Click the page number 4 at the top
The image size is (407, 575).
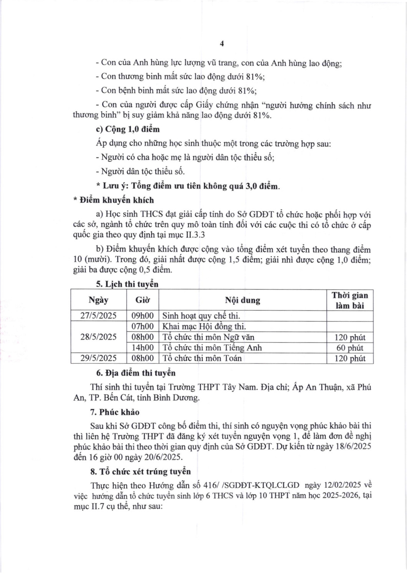(x=222, y=44)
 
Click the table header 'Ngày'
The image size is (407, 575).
(x=99, y=300)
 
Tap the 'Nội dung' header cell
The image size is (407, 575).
(x=242, y=300)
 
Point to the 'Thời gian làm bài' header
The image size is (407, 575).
(x=349, y=300)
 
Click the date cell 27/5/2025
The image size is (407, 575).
(x=99, y=316)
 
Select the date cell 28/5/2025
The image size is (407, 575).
(x=99, y=337)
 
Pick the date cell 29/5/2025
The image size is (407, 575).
(x=99, y=358)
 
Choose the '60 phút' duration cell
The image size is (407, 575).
(x=349, y=348)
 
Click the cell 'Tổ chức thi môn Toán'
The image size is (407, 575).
(x=202, y=358)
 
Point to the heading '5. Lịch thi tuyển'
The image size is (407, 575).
(x=127, y=284)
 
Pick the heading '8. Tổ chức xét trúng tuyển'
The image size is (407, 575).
(x=141, y=471)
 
